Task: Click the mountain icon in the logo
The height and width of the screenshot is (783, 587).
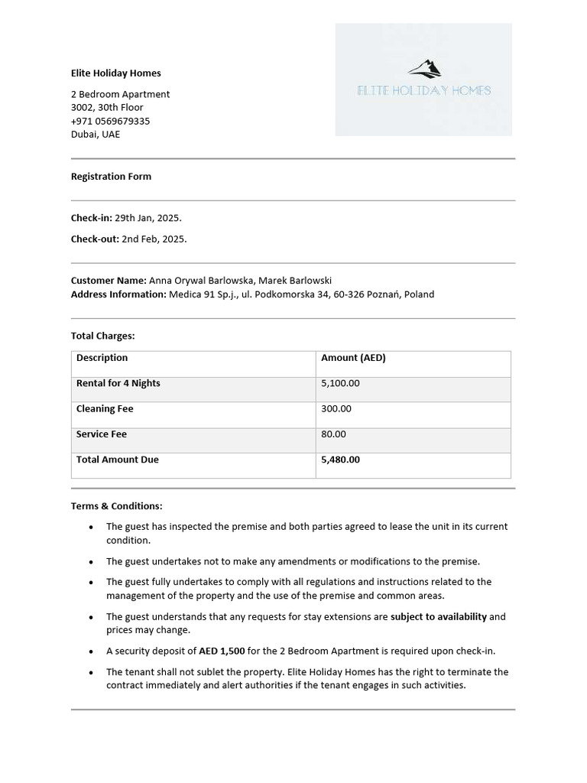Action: (425, 70)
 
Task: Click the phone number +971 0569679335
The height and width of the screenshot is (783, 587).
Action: (110, 121)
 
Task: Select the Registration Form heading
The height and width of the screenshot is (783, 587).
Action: (111, 177)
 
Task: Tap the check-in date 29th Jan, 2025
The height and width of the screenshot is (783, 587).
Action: (148, 218)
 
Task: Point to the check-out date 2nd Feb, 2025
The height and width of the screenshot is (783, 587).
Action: (154, 239)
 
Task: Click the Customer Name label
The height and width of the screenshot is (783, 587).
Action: (109, 281)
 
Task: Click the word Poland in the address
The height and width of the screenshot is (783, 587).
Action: (419, 294)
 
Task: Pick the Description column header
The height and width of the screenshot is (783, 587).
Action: (102, 358)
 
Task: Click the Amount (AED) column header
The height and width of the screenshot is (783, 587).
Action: (353, 358)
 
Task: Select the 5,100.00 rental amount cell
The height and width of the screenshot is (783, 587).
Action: (340, 383)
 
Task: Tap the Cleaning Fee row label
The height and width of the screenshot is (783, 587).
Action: (105, 409)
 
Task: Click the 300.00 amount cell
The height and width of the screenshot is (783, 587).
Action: (336, 409)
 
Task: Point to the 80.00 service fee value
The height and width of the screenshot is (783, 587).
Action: (333, 434)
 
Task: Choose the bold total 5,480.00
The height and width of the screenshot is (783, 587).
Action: (340, 460)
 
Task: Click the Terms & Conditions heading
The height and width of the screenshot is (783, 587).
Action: (116, 506)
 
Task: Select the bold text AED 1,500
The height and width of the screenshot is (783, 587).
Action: (222, 651)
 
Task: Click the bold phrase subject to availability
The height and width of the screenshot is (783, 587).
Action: (438, 617)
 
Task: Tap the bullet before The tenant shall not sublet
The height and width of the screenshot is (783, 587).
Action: (92, 673)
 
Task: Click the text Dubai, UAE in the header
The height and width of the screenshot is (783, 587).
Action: (96, 135)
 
